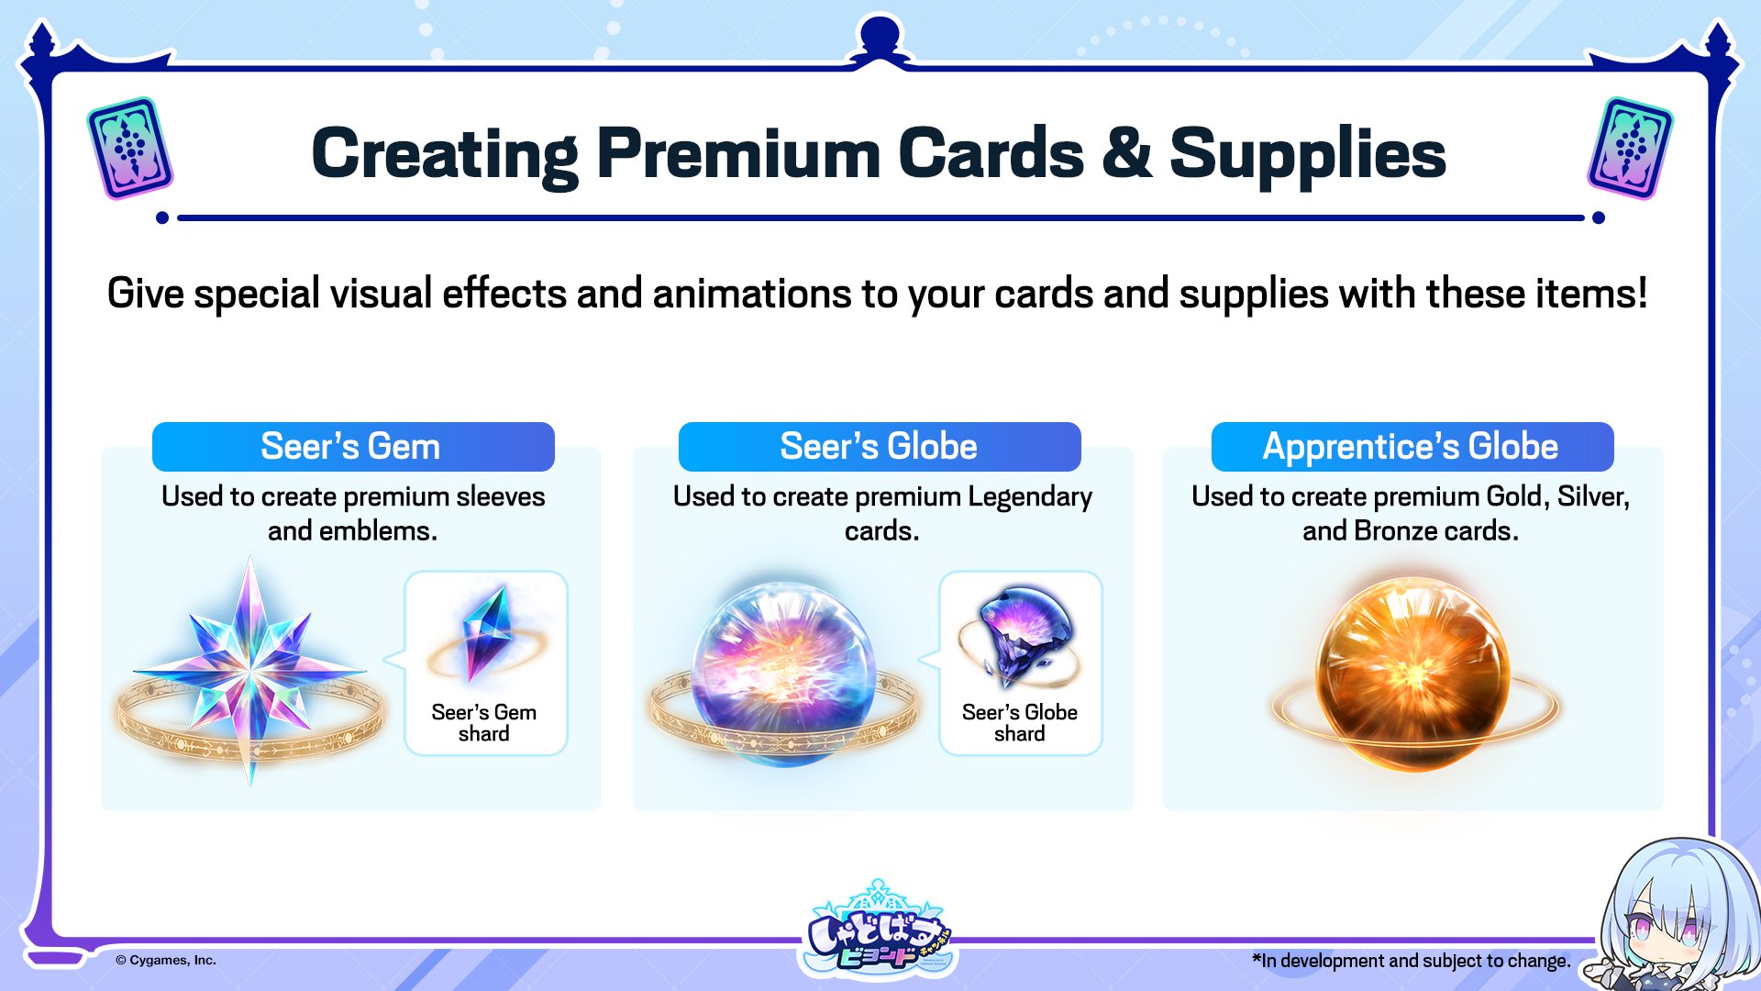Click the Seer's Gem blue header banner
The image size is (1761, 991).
click(x=353, y=447)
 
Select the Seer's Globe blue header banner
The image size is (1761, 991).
click(x=880, y=447)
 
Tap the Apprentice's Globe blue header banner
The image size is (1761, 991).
click(x=1412, y=447)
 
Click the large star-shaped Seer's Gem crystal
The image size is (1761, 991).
click(x=249, y=670)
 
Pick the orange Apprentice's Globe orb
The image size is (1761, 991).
click(x=1412, y=674)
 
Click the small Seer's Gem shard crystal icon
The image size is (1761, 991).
click(x=486, y=633)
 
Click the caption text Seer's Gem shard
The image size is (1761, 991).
click(x=484, y=723)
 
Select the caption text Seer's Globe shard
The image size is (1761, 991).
click(x=1020, y=723)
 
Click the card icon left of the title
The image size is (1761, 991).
click(x=130, y=149)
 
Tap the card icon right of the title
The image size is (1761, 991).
click(x=1630, y=149)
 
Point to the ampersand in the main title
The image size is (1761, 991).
click(x=1126, y=153)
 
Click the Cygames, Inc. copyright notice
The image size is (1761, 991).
click(x=166, y=961)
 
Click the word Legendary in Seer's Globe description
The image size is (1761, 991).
click(x=1030, y=497)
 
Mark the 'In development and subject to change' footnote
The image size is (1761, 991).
click(x=1412, y=961)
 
